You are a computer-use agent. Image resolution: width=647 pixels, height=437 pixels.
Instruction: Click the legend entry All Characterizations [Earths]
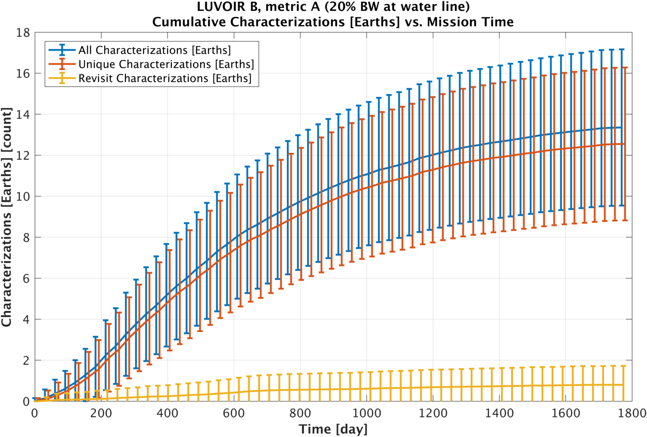(x=155, y=50)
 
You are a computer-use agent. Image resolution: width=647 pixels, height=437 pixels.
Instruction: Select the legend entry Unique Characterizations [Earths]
(x=166, y=64)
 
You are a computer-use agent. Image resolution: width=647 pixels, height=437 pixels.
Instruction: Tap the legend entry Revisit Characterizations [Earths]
(x=164, y=78)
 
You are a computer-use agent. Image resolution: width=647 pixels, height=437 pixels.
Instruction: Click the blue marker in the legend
(x=62, y=50)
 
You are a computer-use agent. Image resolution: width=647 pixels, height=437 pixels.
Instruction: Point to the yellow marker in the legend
(x=62, y=78)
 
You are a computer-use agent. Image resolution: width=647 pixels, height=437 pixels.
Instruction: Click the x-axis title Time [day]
(x=333, y=429)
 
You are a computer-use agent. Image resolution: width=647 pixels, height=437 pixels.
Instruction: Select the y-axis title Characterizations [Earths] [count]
(x=7, y=217)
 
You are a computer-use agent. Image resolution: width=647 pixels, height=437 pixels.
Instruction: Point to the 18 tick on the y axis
(x=23, y=33)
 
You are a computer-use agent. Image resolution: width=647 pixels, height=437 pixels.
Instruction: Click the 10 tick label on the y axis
(x=23, y=197)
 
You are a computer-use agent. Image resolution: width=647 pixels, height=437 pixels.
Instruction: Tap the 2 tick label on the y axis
(x=26, y=361)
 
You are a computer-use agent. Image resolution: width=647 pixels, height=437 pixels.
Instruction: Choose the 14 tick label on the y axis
(x=23, y=115)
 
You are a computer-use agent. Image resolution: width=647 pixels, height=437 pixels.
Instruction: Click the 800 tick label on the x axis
(x=300, y=413)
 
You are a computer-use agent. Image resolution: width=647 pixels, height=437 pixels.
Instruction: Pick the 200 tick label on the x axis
(x=101, y=413)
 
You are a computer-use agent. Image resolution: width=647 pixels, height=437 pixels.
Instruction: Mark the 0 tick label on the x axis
(x=35, y=413)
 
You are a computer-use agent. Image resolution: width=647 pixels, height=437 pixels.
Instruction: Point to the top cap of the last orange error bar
(x=625, y=68)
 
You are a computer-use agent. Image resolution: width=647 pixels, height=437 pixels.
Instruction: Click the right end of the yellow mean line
(x=623, y=385)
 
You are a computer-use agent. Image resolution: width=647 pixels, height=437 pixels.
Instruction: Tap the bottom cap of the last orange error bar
(x=625, y=220)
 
